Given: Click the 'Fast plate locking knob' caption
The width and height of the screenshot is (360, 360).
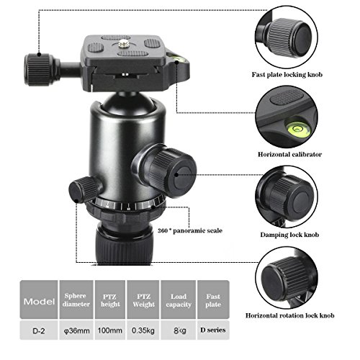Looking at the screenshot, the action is (287, 75).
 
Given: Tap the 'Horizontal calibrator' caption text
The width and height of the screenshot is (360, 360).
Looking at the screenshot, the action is (289, 154).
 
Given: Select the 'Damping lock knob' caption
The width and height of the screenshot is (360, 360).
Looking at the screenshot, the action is (289, 235).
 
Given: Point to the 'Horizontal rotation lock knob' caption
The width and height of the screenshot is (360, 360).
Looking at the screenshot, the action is (289, 315).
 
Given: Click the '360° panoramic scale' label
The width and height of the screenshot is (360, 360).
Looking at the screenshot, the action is (190, 230).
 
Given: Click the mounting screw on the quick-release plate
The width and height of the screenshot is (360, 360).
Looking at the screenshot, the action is (125, 43).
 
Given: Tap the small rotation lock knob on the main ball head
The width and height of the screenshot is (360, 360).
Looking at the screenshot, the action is (83, 189).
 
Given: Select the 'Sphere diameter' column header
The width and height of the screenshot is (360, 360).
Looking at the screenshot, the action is (76, 300).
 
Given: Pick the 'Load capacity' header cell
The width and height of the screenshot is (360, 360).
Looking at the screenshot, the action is (179, 300).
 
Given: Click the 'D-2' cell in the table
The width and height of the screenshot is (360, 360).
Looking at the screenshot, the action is (39, 330).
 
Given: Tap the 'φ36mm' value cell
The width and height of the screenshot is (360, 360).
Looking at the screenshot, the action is (76, 330).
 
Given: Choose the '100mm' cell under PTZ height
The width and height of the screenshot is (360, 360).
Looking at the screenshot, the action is (110, 330).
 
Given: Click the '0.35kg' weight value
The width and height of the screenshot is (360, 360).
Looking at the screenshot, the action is (143, 330).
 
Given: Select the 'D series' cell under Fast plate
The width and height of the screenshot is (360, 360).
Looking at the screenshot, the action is (213, 330).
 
